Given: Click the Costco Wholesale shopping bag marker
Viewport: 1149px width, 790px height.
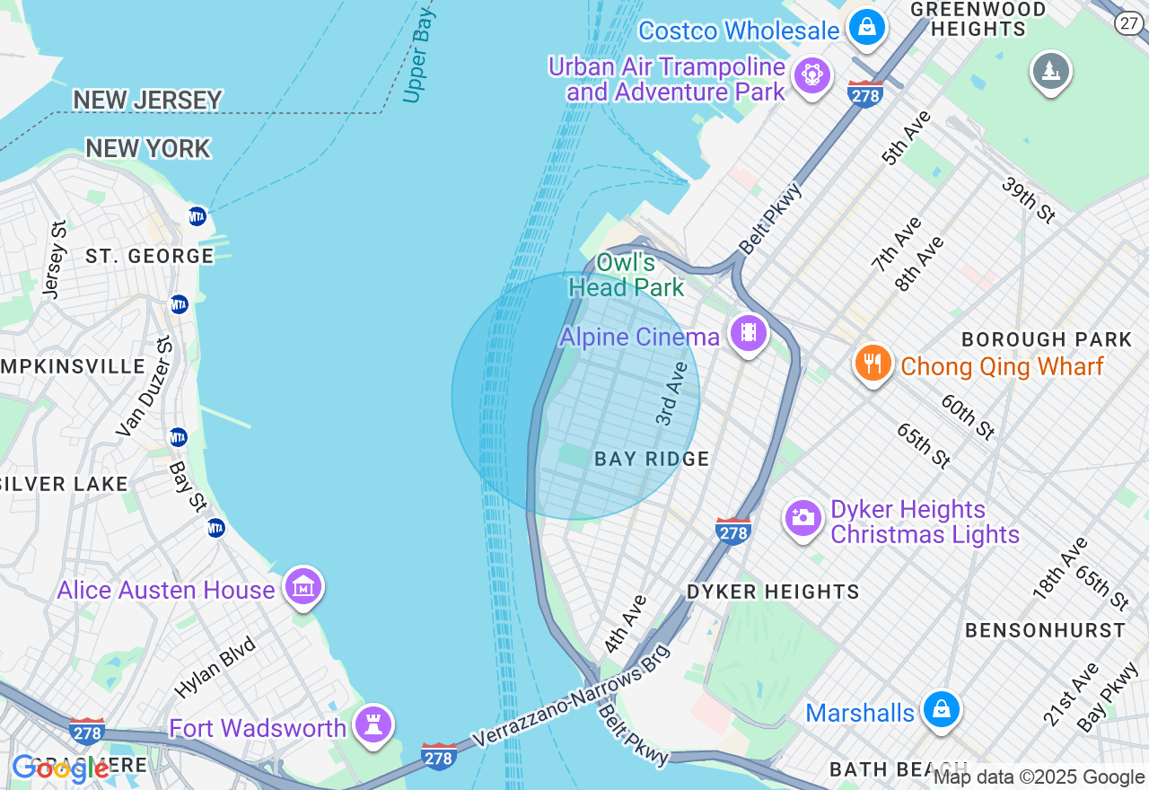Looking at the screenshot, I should coord(867,26).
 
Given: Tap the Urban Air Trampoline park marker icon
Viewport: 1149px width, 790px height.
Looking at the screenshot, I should coord(812,74).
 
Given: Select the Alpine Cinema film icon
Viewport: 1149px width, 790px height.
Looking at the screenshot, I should coord(748,334).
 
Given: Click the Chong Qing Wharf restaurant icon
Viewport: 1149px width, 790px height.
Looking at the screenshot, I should coord(872,364).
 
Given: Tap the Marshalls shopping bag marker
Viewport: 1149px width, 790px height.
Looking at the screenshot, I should coord(941,708).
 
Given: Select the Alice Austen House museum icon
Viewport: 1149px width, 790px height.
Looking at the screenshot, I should coord(303,586).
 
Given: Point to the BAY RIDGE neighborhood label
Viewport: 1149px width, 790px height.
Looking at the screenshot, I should coord(652,460).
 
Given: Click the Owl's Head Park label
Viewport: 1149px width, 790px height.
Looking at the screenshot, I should coord(627,276).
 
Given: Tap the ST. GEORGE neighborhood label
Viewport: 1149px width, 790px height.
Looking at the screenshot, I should coord(150,257).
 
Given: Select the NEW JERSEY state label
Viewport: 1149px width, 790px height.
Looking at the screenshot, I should coord(147,100).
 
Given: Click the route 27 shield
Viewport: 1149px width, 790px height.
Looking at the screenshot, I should coord(1129,22).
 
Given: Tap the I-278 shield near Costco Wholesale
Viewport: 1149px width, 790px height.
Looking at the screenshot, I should coord(864,94).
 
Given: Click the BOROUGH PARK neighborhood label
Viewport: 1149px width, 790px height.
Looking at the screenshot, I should coord(1047,340).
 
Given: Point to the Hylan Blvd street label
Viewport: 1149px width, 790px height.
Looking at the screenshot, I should coord(215,667).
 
